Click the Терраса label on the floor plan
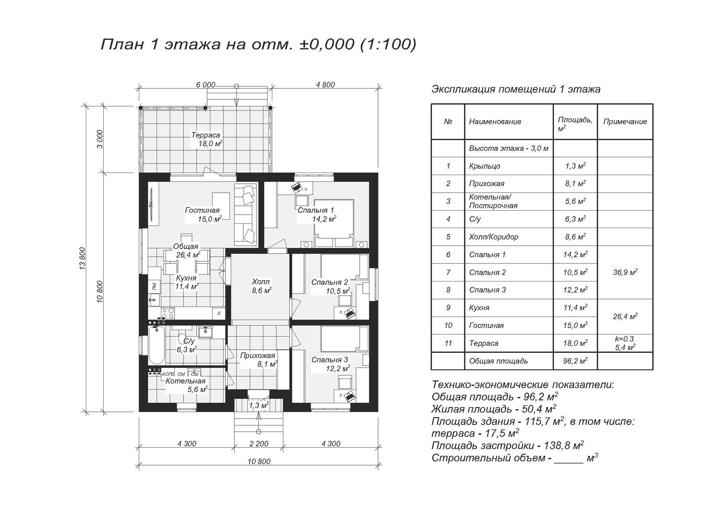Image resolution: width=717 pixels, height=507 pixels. pos(206,135)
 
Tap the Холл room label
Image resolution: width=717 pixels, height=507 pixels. pos(260,282)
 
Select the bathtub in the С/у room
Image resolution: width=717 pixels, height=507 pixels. pos(157,345)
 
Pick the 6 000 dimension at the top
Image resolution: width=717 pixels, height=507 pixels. pos(206,85)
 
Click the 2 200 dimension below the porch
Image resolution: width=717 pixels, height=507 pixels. pos(259,444)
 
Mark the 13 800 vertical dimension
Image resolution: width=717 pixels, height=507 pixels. pos(83,258)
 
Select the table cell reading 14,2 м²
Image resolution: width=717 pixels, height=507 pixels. pos(575,255)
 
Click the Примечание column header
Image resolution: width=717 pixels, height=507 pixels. pos(625,122)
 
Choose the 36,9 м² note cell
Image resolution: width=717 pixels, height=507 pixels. pos(625,273)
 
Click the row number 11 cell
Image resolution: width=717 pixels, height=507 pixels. pos(448,343)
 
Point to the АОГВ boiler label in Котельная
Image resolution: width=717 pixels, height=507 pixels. pos(168,374)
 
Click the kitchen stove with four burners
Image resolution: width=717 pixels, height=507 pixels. pos(168,313)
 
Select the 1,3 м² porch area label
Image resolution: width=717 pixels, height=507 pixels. pos(259,405)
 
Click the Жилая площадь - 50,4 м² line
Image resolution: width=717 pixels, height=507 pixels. pos(493,409)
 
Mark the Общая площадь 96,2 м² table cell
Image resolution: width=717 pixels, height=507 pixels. pos(575,361)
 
